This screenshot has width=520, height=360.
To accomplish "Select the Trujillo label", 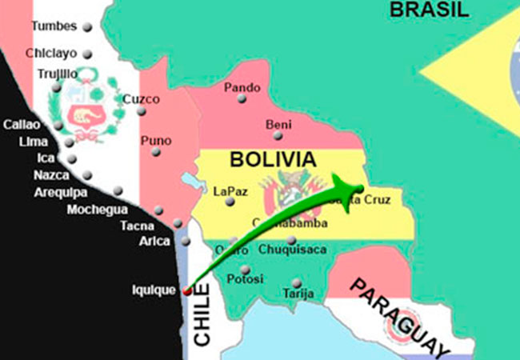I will [x=57, y=74].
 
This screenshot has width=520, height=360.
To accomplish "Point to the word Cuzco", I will [x=141, y=99].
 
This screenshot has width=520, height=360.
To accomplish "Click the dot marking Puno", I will [x=158, y=151].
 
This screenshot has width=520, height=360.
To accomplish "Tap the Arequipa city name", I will [x=61, y=192].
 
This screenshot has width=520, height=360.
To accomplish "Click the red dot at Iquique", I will [x=186, y=290].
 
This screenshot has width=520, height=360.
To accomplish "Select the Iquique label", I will [x=153, y=290].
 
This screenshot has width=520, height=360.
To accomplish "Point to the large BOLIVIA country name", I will [x=269, y=159].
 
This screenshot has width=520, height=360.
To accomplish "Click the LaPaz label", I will [x=230, y=192].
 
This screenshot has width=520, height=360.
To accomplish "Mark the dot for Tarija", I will [x=296, y=282].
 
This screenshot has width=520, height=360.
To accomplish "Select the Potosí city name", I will [x=245, y=279].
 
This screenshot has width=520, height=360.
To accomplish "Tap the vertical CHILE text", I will [x=202, y=320].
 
